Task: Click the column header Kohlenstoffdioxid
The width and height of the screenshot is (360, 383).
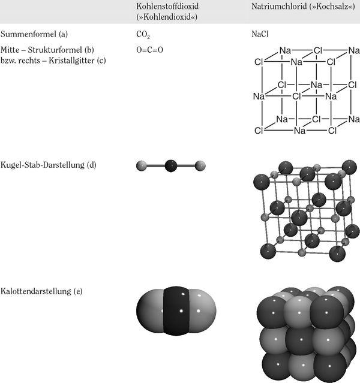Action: point(167,6)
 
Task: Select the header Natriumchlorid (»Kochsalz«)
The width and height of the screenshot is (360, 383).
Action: point(303,6)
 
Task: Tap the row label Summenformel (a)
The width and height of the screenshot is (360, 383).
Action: point(34,34)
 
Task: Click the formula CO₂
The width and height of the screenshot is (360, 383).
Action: point(143,34)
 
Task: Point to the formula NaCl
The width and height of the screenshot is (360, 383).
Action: point(260,34)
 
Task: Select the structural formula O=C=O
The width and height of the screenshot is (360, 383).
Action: point(149,50)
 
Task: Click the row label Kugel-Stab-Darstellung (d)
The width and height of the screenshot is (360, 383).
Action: point(48,165)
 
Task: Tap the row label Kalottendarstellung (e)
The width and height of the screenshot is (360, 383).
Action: point(41,291)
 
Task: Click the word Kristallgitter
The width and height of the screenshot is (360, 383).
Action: point(71,61)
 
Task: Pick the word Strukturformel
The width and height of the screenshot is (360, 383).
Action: point(55,50)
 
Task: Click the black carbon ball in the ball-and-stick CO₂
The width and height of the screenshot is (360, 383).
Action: point(171,166)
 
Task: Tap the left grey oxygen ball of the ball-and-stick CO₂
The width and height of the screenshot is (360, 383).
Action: point(142,166)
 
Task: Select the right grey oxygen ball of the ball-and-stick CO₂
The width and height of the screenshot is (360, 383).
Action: point(200,166)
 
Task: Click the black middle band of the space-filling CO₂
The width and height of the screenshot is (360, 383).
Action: point(176,311)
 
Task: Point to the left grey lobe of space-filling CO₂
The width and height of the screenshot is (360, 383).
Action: point(149,311)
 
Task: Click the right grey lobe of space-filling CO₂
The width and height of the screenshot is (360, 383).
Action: point(203,311)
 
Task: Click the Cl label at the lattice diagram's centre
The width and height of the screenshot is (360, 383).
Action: point(296,96)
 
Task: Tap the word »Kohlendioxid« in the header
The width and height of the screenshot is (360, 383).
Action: point(167,17)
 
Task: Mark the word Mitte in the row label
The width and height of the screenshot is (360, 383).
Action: point(10,50)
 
